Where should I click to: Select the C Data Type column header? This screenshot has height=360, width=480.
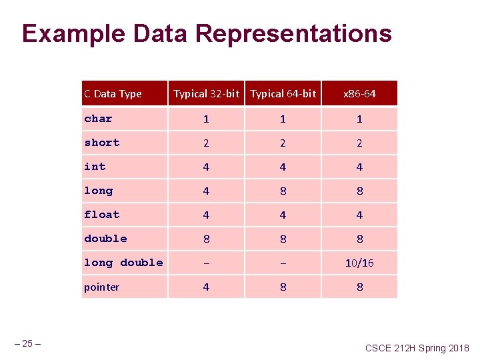pyautogui.click(x=113, y=94)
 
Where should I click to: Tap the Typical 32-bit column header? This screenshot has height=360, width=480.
pyautogui.click(x=206, y=94)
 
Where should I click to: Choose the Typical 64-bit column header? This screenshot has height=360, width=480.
pyautogui.click(x=283, y=94)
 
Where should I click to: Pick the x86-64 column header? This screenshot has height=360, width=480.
pyautogui.click(x=359, y=94)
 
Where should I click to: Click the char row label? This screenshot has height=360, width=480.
pyautogui.click(x=98, y=119)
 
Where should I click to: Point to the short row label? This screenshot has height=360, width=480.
pyautogui.click(x=101, y=143)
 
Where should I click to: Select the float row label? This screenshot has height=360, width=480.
pyautogui.click(x=101, y=215)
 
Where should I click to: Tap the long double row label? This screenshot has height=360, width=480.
pyautogui.click(x=123, y=263)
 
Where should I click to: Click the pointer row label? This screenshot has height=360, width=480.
pyautogui.click(x=101, y=287)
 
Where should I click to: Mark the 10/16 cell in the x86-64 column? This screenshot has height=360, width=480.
pyautogui.click(x=359, y=263)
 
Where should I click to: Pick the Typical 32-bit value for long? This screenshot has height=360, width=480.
pyautogui.click(x=206, y=191)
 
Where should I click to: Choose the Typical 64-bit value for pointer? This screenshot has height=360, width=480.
pyautogui.click(x=283, y=287)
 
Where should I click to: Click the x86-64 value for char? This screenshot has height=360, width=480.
pyautogui.click(x=359, y=119)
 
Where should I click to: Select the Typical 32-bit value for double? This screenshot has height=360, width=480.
pyautogui.click(x=206, y=239)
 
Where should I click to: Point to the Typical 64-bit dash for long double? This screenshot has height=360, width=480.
pyautogui.click(x=283, y=263)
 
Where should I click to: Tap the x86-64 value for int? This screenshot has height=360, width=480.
pyautogui.click(x=359, y=167)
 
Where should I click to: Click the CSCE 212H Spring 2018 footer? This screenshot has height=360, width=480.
pyautogui.click(x=417, y=348)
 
